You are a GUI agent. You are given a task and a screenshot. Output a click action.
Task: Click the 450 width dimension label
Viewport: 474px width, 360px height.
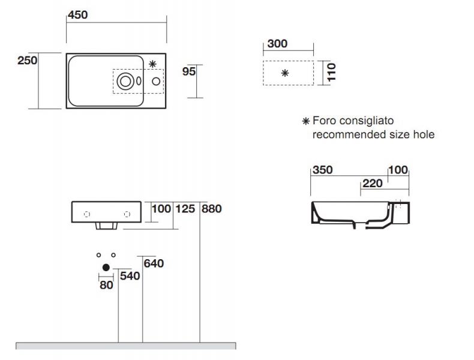[x=77, y=15]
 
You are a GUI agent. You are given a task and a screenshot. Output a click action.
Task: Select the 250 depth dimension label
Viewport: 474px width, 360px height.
[x=28, y=61]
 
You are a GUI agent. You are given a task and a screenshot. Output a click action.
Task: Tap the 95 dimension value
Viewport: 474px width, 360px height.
[x=189, y=71]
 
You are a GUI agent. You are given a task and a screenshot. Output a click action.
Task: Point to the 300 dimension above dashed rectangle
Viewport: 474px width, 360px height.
[x=277, y=44]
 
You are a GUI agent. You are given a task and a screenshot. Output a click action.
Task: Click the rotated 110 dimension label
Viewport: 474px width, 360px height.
[x=331, y=72]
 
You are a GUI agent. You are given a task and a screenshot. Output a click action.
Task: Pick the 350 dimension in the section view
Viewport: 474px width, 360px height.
[x=323, y=170]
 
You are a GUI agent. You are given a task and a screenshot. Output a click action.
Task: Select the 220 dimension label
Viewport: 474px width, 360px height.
[x=373, y=184]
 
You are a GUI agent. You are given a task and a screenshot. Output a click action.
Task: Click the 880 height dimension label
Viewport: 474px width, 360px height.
[x=212, y=209]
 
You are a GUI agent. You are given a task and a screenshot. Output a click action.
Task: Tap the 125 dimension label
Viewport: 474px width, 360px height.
[x=185, y=209]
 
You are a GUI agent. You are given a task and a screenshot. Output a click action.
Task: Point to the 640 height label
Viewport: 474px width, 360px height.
[x=154, y=263]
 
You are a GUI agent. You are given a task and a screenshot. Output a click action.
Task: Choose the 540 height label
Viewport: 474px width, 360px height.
[x=130, y=276]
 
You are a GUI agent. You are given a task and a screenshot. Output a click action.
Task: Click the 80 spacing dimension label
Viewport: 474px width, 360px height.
[x=106, y=285]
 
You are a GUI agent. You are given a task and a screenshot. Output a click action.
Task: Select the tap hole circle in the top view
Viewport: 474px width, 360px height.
[x=156, y=81]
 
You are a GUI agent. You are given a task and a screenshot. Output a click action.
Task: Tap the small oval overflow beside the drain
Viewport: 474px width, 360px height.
[x=139, y=81]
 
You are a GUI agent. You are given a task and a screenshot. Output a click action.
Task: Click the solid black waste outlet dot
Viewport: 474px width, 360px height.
[x=106, y=268]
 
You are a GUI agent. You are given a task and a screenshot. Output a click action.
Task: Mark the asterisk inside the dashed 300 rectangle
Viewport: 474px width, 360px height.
[x=285, y=73]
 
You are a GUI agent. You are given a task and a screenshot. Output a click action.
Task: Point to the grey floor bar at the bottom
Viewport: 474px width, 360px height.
[x=126, y=346]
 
